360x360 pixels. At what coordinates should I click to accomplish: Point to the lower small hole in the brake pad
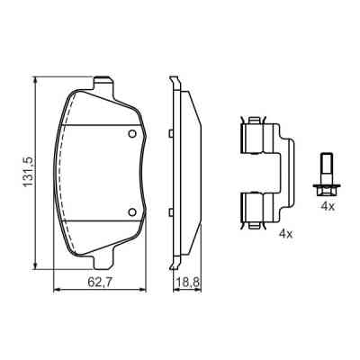tap(132, 213)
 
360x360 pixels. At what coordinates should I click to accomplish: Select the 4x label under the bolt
tap(328, 207)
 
